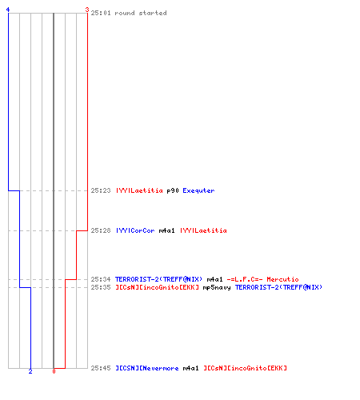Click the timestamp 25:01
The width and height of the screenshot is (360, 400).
(101, 13)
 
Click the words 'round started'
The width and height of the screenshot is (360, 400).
(141, 13)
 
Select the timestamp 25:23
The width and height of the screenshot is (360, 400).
(101, 190)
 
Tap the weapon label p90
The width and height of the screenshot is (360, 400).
(173, 190)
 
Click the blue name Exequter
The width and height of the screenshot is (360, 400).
(198, 190)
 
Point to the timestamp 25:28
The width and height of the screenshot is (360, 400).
(101, 230)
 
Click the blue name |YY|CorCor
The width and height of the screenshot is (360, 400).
(135, 230)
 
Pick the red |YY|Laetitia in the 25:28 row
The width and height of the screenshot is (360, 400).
(203, 230)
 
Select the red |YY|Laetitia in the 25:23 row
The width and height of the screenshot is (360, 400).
(139, 190)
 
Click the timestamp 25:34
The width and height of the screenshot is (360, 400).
(101, 279)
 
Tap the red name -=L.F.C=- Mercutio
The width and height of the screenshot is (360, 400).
(262, 279)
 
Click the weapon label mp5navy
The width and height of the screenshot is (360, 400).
(217, 287)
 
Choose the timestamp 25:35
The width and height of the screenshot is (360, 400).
(101, 287)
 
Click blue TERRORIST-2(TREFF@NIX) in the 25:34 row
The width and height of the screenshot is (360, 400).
(158, 279)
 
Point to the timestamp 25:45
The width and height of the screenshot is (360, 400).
(101, 368)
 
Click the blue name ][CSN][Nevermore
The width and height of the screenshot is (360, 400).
(147, 368)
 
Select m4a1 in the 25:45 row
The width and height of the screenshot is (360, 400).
(190, 368)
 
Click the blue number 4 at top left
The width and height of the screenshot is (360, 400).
(8, 10)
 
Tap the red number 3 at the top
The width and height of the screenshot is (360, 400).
(87, 10)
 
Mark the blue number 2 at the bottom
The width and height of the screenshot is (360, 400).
(30, 371)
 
